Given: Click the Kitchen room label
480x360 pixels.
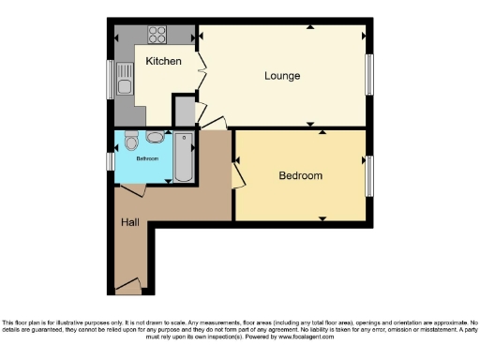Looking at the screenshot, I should click(x=163, y=62).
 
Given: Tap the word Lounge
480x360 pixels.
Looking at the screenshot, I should click(x=282, y=75).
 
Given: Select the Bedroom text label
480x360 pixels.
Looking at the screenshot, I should click(x=300, y=175).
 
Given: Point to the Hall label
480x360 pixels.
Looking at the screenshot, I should click(x=129, y=223).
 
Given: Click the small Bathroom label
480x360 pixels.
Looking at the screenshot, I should click(x=148, y=158).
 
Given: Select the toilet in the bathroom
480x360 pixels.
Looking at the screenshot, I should click(x=132, y=142).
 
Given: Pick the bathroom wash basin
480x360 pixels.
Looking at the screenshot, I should click(x=154, y=138).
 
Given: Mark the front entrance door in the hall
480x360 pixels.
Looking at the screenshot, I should click(x=128, y=282).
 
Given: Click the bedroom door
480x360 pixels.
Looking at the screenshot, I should click(x=238, y=172).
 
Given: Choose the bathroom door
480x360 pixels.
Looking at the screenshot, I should click(x=132, y=189).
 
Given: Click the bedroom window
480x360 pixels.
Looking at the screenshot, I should click(x=368, y=174).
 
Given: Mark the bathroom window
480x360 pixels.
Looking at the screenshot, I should click(x=111, y=161).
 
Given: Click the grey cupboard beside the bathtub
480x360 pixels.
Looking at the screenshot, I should click(x=185, y=112).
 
